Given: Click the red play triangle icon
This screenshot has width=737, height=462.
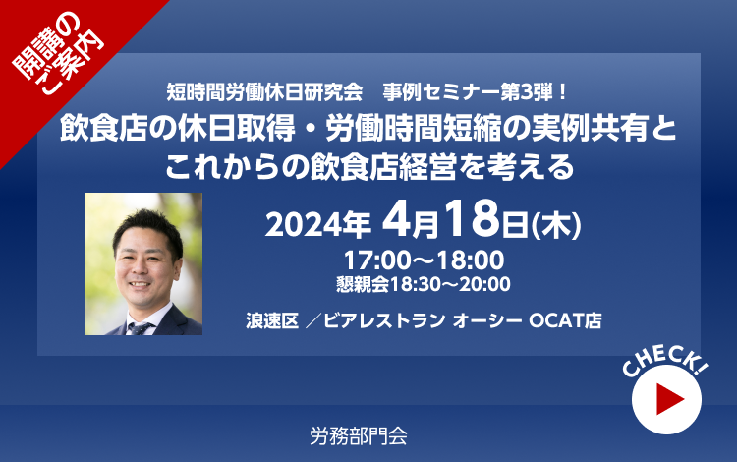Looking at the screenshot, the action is coord(668,399).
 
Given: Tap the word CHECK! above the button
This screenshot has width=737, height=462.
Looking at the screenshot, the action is coord(664,361).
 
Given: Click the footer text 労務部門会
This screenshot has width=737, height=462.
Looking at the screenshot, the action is coord(358,436).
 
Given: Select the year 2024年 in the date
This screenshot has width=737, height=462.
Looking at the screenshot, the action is coord(318,225).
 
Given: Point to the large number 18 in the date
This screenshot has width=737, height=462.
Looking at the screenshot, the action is coord(472,218).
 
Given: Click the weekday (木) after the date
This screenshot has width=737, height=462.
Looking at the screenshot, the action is coord(556,226).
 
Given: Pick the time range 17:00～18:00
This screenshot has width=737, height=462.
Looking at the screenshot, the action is coord(424,260).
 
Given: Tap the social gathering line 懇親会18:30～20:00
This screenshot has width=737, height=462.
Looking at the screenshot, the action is coord(423,284).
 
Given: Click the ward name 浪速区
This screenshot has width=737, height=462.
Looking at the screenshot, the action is coord(272,321).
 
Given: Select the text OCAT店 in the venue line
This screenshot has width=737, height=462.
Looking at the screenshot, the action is coord(565,321).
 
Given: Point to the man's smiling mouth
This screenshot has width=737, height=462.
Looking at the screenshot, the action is coord(140,285).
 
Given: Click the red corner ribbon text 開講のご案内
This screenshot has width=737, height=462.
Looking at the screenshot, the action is coord(57,53).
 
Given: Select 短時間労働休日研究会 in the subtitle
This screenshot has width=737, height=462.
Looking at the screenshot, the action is coord(264,92).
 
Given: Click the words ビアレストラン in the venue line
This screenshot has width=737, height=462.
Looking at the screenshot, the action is coord(384,321).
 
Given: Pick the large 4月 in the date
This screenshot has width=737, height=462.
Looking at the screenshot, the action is coord(410,220).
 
